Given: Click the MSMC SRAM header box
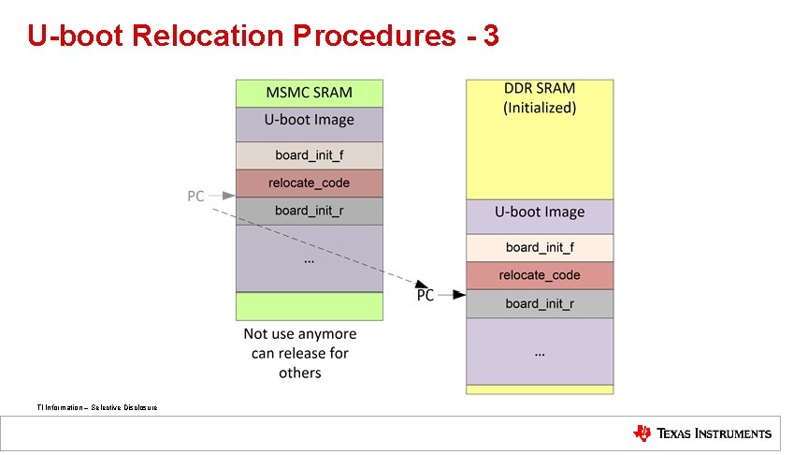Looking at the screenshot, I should tap(310, 93).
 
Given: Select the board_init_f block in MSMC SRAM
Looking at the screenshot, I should tap(310, 154).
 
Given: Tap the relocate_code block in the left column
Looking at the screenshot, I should tap(310, 183).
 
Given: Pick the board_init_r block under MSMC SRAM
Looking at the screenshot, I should tap(310, 211).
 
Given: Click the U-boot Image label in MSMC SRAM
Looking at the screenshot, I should tap(310, 120).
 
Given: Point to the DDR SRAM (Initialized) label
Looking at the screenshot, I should tap(540, 98).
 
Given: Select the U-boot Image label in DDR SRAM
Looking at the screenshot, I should tap(540, 213).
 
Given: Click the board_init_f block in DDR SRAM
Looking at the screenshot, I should tap(540, 247).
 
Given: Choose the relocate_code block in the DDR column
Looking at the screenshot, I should tap(540, 275).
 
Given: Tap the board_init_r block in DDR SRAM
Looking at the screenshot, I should tap(540, 303).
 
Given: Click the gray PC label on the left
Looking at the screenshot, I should tap(195, 197).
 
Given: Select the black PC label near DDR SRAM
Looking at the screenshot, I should tap(426, 295).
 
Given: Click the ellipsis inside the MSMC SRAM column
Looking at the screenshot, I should tap(310, 260).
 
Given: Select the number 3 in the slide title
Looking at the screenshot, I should tap(490, 37).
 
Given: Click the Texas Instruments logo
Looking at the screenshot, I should tap(702, 433).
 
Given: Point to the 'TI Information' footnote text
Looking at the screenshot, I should tap(97, 407).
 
